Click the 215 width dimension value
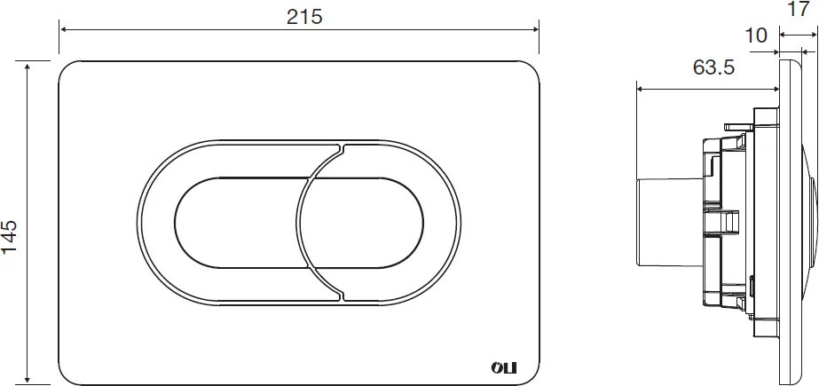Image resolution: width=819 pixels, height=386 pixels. tap(304, 17)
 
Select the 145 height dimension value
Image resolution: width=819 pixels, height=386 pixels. tap(10, 237)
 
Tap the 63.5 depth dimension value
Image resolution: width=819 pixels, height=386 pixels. tap(714, 67)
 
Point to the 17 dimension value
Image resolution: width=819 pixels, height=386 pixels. tap(798, 9)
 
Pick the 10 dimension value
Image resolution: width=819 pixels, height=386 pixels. tap(756, 35)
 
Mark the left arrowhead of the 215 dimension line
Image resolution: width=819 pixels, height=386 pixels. tap(64, 29)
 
